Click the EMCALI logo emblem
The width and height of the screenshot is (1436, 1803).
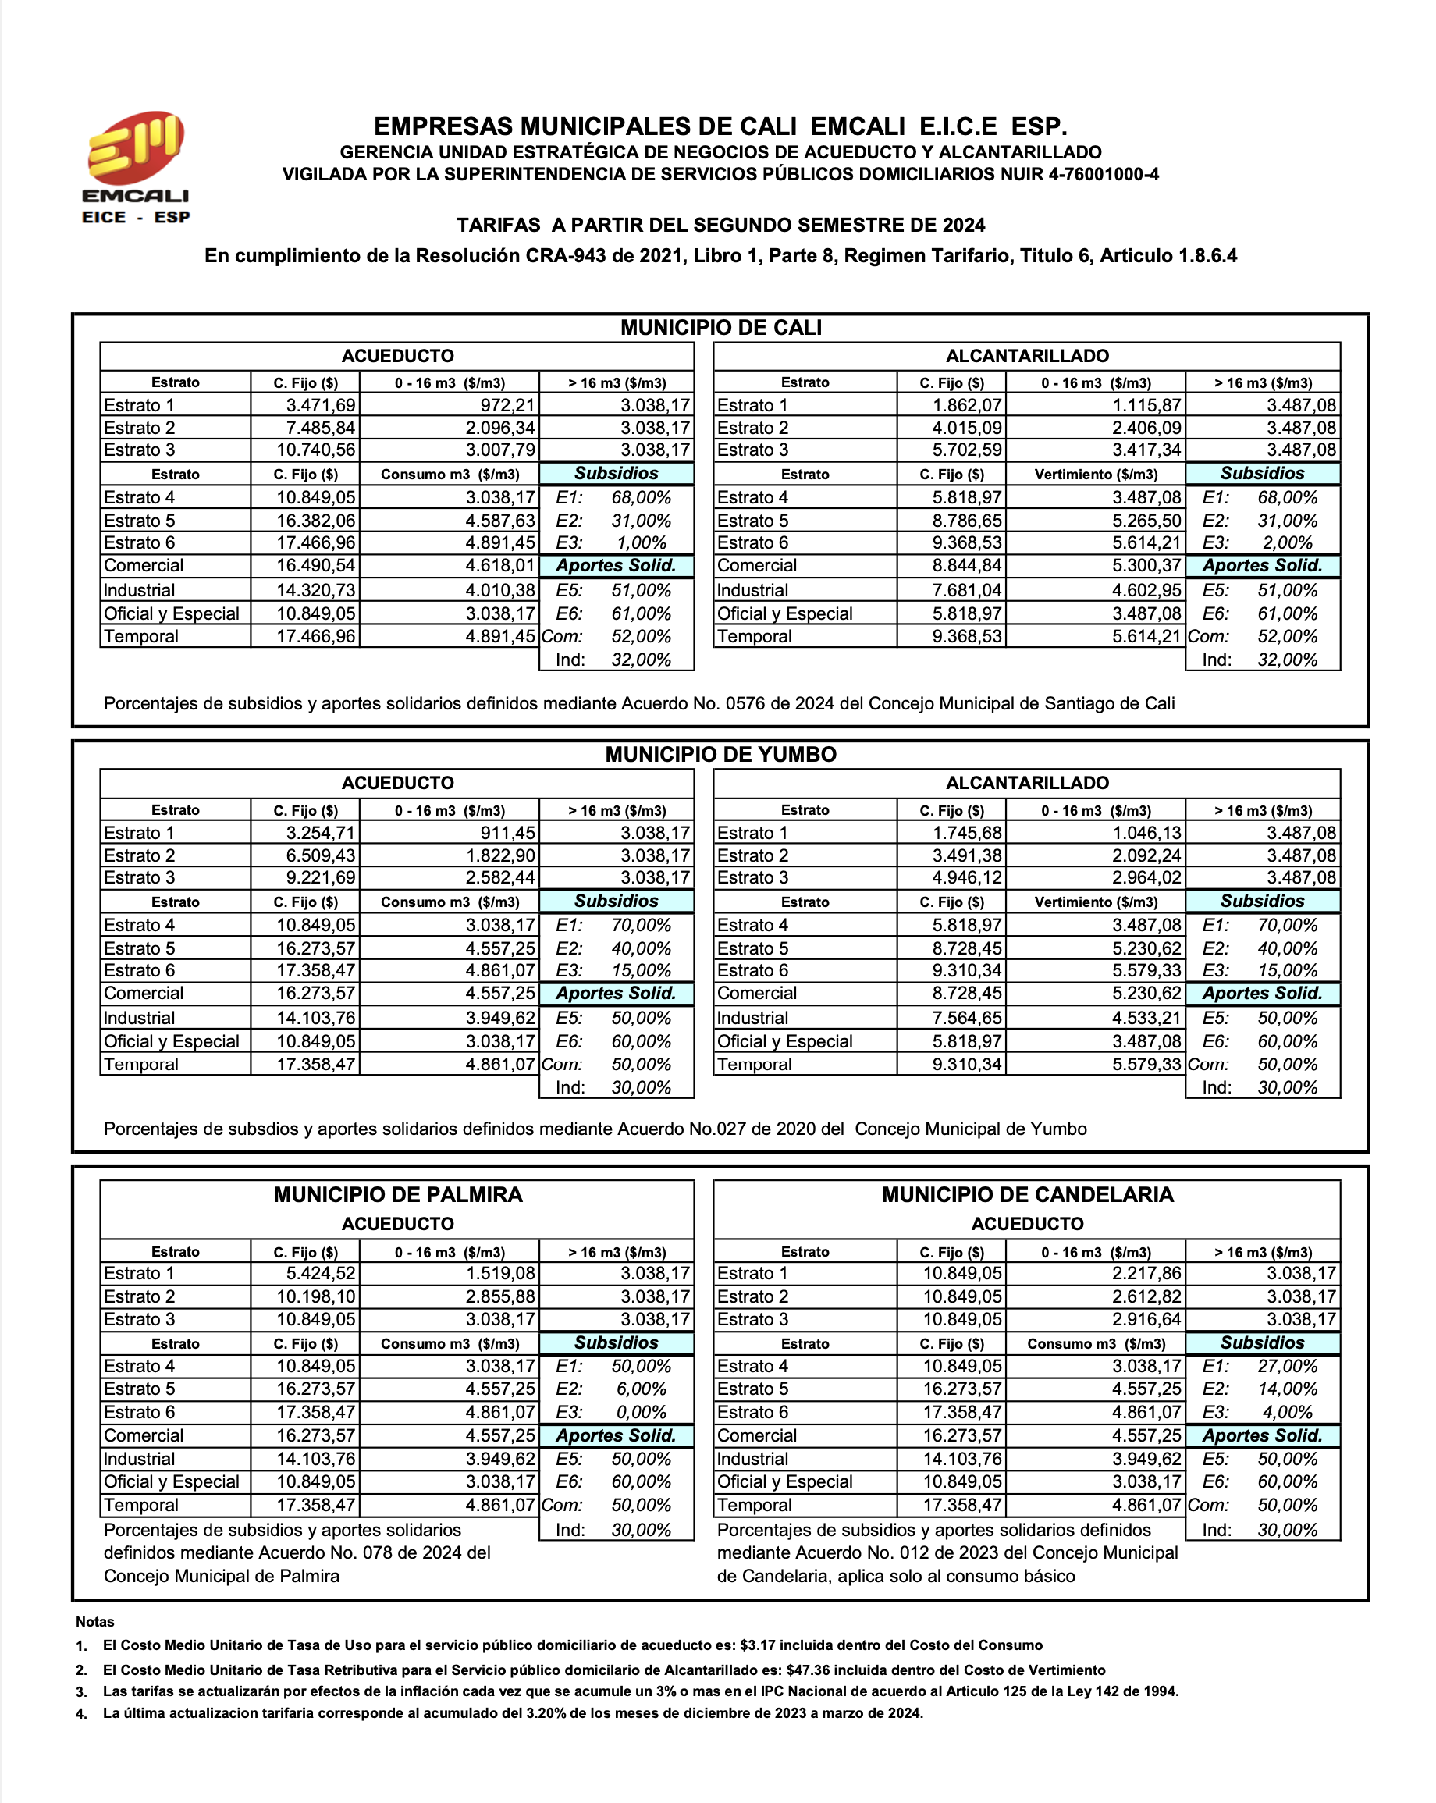tap(136, 148)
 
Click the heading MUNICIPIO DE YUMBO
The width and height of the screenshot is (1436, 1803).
tap(720, 754)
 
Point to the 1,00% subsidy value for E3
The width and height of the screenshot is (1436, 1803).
tap(642, 542)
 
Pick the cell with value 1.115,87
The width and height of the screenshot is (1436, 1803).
tap(1146, 406)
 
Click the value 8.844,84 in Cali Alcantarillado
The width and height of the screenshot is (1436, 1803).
tap(967, 566)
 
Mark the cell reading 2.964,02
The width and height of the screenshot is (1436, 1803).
tap(1146, 878)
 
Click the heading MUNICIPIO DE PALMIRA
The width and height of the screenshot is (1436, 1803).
tap(397, 1194)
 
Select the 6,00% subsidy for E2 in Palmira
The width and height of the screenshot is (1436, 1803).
tap(642, 1389)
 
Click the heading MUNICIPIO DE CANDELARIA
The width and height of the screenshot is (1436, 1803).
tap(1027, 1194)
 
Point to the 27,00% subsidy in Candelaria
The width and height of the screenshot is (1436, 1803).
tap(1287, 1367)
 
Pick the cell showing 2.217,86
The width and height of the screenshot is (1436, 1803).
tap(1146, 1274)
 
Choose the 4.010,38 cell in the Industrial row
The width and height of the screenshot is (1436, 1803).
tap(499, 590)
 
